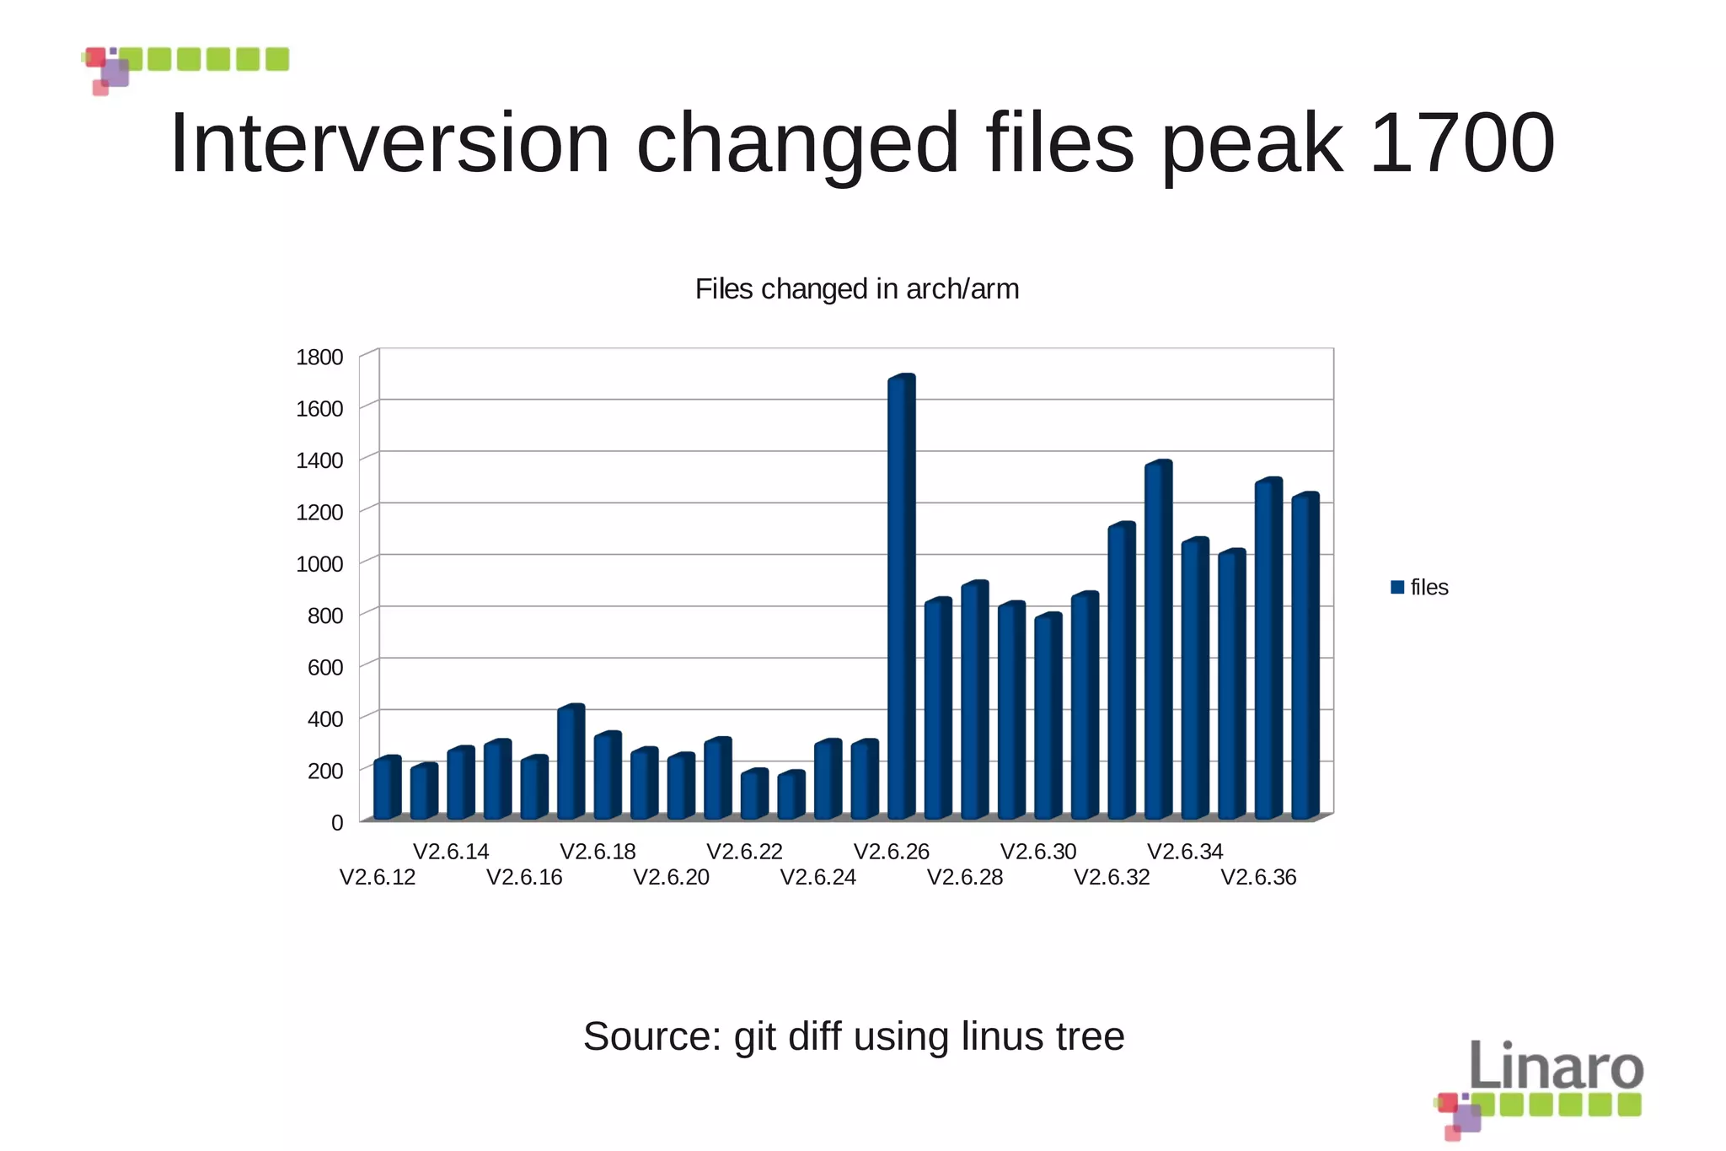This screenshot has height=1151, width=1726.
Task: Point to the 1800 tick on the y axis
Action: pyautogui.click(x=319, y=357)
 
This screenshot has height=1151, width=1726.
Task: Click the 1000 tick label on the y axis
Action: pyautogui.click(x=319, y=563)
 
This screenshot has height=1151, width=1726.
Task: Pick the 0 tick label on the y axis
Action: pyautogui.click(x=337, y=822)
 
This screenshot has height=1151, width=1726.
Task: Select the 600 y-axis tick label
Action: pyautogui.click(x=324, y=667)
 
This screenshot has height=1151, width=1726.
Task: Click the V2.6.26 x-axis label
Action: pyautogui.click(x=891, y=852)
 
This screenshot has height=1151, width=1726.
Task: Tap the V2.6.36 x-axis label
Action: pyautogui.click(x=1258, y=877)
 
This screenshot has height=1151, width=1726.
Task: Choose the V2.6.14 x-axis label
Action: pyautogui.click(x=451, y=852)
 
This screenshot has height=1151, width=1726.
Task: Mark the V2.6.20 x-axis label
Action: pyautogui.click(x=671, y=877)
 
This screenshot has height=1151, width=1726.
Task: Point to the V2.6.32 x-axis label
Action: pyautogui.click(x=1112, y=877)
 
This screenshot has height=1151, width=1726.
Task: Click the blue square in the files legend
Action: pyautogui.click(x=1397, y=588)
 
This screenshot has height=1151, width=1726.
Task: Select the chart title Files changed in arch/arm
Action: pyautogui.click(x=856, y=289)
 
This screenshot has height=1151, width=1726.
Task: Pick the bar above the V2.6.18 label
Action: pyautogui.click(x=607, y=776)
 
